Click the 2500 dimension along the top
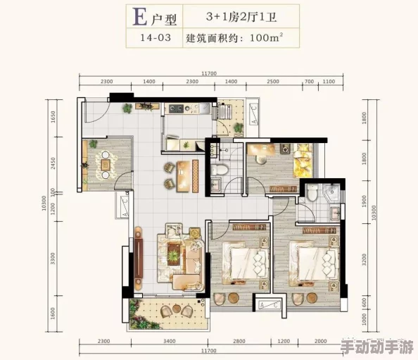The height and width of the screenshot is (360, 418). [273, 82]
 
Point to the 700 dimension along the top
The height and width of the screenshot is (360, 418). [309, 82]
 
